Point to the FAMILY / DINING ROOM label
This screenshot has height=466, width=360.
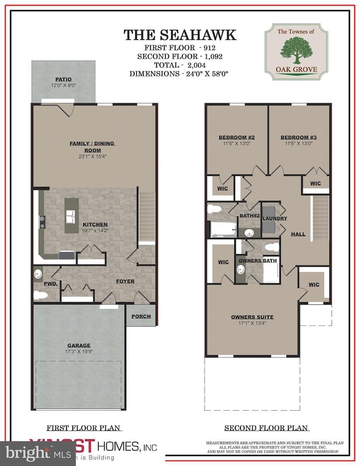[92, 146]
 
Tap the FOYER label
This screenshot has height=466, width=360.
[125, 281]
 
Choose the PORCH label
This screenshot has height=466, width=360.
[138, 318]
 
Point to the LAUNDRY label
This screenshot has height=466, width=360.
[275, 219]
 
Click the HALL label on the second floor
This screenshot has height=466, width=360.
[299, 234]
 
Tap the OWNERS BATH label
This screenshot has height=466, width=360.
[257, 260]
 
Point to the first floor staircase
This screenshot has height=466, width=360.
[146, 216]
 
